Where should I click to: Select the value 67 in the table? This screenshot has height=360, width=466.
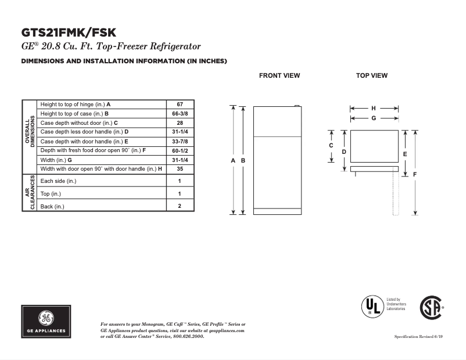[x=180, y=105]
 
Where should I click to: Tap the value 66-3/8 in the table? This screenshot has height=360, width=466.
[x=180, y=114]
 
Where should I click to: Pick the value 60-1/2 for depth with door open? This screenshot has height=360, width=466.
[x=180, y=150]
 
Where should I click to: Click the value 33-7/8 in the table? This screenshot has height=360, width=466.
[x=180, y=141]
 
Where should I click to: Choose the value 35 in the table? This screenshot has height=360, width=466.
[x=180, y=169]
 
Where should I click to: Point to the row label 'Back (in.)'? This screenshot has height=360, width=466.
[x=52, y=206]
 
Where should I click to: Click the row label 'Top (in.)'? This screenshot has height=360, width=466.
[x=51, y=194]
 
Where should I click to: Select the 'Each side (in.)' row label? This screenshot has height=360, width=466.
[x=58, y=181]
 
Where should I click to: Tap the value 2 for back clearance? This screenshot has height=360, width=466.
[x=180, y=206]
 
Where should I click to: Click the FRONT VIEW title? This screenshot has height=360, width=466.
[x=279, y=75]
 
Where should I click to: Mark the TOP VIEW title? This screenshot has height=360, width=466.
[x=372, y=75]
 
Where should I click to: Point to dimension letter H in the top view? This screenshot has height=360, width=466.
[x=374, y=108]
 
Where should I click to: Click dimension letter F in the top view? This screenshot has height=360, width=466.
[x=415, y=174]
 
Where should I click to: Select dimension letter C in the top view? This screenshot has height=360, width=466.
[x=331, y=146]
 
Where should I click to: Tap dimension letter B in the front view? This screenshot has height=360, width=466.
[x=243, y=160]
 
